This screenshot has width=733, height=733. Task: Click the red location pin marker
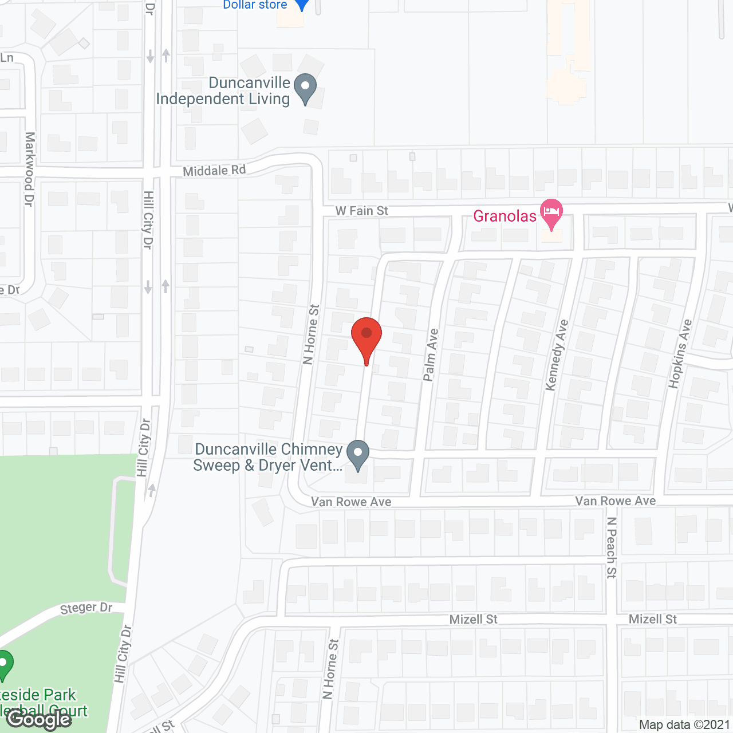pyautogui.click(x=366, y=337)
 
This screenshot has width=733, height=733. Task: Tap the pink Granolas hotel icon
pyautogui.click(x=551, y=212)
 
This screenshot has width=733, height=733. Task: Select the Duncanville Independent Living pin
pyautogui.click(x=305, y=89)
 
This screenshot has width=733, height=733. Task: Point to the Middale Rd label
pyautogui.click(x=214, y=171)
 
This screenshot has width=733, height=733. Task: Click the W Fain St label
pyautogui.click(x=362, y=211)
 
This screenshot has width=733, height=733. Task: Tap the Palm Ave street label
pyautogui.click(x=431, y=354)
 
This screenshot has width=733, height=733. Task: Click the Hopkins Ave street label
pyautogui.click(x=680, y=353)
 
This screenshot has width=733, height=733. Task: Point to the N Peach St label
pyautogui.click(x=612, y=547)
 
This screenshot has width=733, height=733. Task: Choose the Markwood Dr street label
pyautogui.click(x=29, y=169)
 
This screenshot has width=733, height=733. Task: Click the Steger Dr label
pyautogui.click(x=86, y=608)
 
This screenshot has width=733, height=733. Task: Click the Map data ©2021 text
pyautogui.click(x=684, y=725)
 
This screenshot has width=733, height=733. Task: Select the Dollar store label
pyautogui.click(x=255, y=5)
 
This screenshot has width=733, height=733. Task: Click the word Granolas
pyautogui.click(x=505, y=216)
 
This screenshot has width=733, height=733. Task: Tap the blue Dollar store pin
pyautogui.click(x=302, y=5)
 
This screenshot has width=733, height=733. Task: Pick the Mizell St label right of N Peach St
pyautogui.click(x=653, y=619)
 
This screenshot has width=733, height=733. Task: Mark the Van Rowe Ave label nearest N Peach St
pyautogui.click(x=616, y=501)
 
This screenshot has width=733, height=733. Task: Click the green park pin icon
pyautogui.click(x=5, y=664)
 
